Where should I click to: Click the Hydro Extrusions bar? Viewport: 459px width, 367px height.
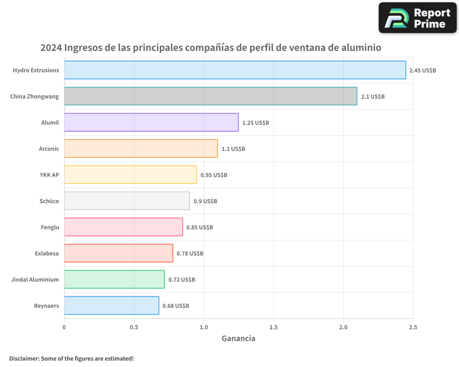point(235,70)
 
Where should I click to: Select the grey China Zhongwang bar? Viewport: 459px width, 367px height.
point(211,96)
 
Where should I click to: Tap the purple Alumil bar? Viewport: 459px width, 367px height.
point(151,122)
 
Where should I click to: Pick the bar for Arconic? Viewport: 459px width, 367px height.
point(141,149)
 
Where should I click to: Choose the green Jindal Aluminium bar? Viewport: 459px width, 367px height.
point(114,279)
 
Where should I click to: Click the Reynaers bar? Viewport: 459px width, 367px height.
point(112,306)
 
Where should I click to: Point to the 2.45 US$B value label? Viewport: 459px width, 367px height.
point(422,71)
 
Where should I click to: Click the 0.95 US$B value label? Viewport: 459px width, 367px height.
point(213,175)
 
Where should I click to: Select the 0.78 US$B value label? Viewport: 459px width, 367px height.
point(190,254)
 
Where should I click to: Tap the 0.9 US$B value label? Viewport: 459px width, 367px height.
point(205,201)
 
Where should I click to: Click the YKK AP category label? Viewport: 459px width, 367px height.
point(50,175)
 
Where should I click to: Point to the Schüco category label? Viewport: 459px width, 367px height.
point(50,201)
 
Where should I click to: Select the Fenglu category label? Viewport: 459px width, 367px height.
point(50,227)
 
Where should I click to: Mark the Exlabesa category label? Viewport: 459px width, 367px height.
point(47,253)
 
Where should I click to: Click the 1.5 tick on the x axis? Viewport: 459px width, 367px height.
point(274,327)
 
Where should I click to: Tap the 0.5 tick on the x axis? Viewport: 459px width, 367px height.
point(134,327)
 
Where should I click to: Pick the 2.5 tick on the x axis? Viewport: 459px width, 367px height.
point(413,327)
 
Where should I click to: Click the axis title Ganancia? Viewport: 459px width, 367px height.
point(238,339)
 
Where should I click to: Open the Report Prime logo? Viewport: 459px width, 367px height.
point(417,18)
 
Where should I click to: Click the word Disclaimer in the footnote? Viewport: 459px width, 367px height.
point(23,358)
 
